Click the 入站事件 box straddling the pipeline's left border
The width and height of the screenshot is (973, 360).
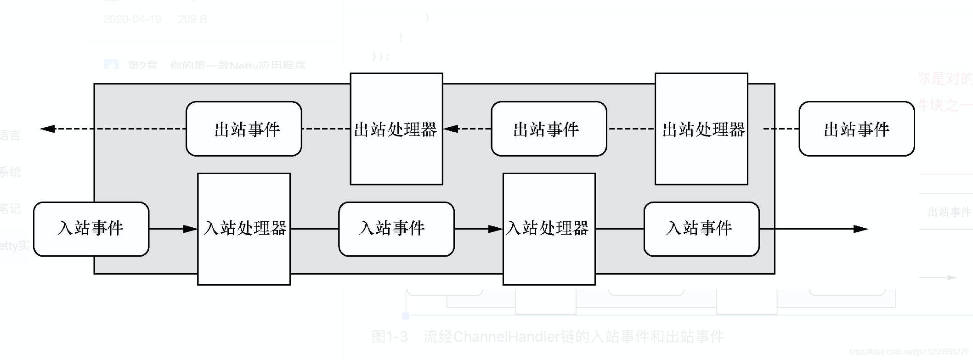coord(91,229)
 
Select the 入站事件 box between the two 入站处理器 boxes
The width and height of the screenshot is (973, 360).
coord(396,229)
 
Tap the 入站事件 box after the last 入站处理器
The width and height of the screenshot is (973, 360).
coord(701,229)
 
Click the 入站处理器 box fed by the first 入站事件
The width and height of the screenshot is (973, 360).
coord(243,229)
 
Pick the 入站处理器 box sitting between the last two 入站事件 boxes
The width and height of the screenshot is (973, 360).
coord(549,229)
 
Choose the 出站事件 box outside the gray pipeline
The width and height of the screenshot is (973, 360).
coord(856,129)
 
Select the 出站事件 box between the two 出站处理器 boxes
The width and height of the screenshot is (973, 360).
coord(549,129)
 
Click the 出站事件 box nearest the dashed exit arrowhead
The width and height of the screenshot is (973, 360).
coord(243,129)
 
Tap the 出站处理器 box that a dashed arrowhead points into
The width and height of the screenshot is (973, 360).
coord(396,129)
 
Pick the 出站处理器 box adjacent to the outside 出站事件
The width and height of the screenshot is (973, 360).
coord(701,129)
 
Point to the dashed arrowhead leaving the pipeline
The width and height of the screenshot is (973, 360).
coord(48,129)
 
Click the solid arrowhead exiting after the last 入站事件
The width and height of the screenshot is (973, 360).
coord(861,229)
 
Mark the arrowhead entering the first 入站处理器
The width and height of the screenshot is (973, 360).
coord(190,229)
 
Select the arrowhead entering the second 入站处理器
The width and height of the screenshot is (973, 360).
coord(495,229)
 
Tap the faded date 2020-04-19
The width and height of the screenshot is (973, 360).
coord(132,19)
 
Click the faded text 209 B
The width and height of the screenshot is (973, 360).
coord(192,19)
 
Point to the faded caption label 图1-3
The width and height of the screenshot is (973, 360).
coord(390,337)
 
